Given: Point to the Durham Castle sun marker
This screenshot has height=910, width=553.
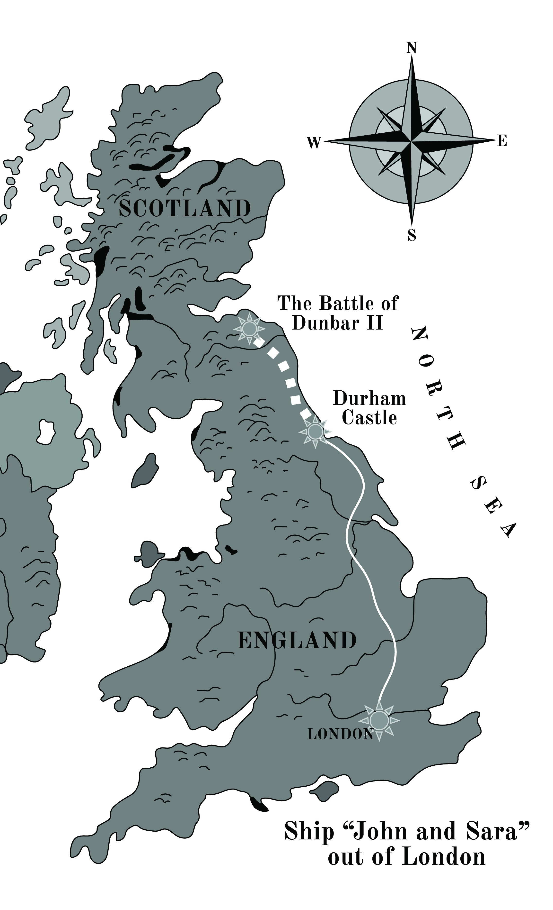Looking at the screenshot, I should tap(316, 431).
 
